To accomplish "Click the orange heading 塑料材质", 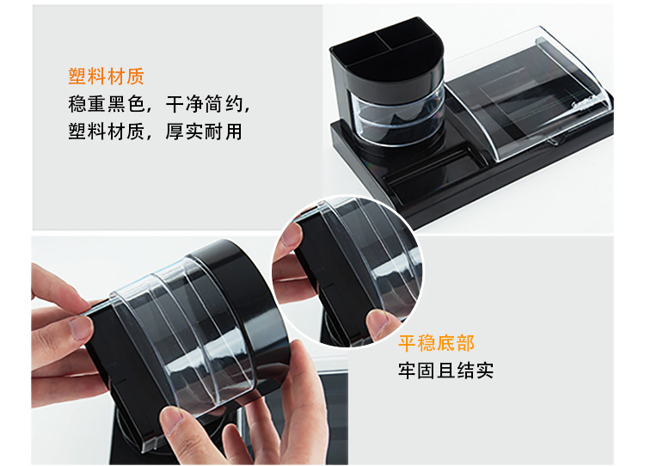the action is click(106, 77).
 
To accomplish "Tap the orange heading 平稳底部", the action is click(436, 343).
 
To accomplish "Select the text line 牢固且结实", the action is click(445, 371).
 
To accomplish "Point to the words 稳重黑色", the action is click(106, 104).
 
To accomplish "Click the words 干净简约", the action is click(204, 104).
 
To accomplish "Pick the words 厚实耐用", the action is click(204, 132).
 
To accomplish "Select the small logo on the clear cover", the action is click(580, 105).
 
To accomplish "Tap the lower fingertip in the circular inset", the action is click(378, 323).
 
